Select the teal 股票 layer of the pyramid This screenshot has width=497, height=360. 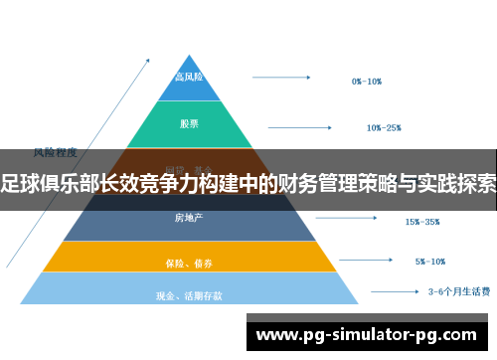click(189, 124)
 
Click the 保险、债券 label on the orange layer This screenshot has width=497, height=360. click(189, 264)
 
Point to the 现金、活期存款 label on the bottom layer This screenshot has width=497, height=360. click(189, 295)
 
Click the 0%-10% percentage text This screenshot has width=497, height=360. click(367, 81)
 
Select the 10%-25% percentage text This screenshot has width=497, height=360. click(384, 127)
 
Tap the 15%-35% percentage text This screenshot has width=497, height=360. click(422, 221)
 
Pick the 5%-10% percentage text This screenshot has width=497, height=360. click(431, 263)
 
